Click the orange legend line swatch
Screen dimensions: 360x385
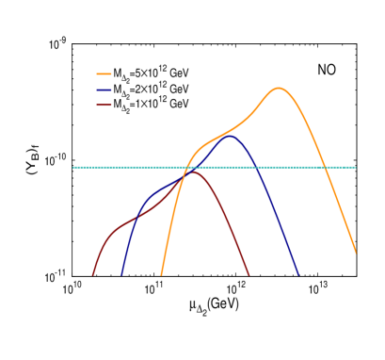[104, 74]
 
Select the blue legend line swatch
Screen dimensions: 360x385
[104, 90]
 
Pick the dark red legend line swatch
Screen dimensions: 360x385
[104, 105]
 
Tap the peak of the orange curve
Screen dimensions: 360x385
[278, 89]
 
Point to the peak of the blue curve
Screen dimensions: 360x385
[231, 137]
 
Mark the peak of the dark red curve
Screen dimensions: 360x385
[192, 172]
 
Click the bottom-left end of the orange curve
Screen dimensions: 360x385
[161, 274]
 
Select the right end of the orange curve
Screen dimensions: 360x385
[356, 253]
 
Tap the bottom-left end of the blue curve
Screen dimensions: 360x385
[121, 274]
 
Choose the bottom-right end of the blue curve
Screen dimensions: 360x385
[297, 274]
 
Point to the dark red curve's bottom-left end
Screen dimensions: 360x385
[93, 274]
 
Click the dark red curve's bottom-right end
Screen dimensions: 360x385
[249, 274]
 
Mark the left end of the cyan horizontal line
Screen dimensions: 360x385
[73, 168]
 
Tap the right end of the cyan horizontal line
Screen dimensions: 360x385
[356, 168]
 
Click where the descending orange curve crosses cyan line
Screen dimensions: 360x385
[324, 168]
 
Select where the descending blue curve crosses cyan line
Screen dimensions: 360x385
[256, 168]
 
